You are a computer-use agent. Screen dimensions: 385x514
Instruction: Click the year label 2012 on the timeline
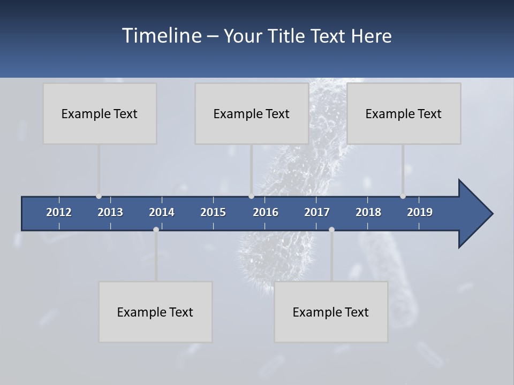(x=59, y=212)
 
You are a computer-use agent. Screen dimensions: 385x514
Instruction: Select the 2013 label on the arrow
(x=110, y=212)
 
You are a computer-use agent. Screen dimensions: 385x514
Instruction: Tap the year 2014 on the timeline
(x=162, y=212)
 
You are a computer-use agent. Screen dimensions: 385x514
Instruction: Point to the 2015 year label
(x=213, y=212)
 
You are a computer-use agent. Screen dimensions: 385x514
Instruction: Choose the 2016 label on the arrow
(x=266, y=212)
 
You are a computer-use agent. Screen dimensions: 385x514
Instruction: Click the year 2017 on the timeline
(x=317, y=212)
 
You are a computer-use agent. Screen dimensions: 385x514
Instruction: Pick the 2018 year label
(x=368, y=212)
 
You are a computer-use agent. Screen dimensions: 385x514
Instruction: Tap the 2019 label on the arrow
(x=420, y=212)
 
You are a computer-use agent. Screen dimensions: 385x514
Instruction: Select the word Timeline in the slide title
(x=162, y=36)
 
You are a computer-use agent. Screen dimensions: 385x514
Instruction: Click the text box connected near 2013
(x=100, y=113)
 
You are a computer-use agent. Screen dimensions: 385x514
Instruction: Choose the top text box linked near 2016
(x=252, y=113)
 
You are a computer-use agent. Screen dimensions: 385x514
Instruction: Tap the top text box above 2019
(x=404, y=113)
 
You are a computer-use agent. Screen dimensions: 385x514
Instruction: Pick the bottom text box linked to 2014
(x=155, y=312)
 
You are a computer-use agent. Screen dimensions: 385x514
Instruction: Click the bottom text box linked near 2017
(x=331, y=312)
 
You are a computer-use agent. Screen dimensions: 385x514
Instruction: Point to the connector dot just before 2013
(x=99, y=196)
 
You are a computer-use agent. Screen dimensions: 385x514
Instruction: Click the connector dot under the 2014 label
(x=156, y=229)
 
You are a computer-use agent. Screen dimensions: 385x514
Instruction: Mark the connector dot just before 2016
(x=251, y=196)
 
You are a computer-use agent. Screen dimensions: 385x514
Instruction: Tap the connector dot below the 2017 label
(x=331, y=229)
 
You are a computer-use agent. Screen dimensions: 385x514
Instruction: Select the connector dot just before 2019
(x=403, y=196)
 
